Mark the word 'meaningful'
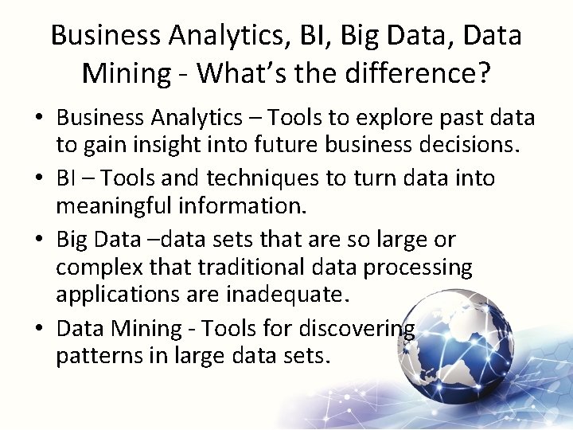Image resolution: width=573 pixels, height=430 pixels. pyautogui.click(x=109, y=208)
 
